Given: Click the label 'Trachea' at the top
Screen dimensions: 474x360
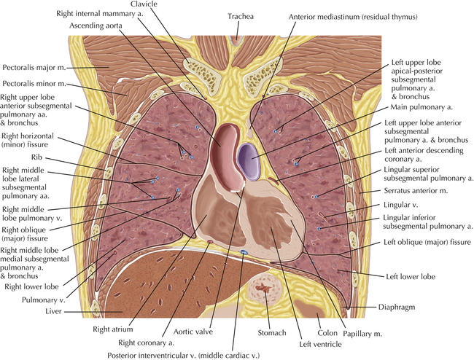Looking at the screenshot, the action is click(x=241, y=16).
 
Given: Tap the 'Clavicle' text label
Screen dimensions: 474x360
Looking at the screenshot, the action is click(x=144, y=4).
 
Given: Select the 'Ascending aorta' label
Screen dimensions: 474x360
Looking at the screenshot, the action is click(x=96, y=26).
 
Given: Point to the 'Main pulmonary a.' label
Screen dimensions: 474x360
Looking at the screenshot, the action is click(x=421, y=107).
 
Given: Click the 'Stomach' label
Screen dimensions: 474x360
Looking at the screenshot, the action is click(x=272, y=333).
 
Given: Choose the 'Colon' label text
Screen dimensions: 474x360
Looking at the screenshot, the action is click(x=327, y=333).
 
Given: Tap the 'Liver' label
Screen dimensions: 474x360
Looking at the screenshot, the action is click(x=53, y=311).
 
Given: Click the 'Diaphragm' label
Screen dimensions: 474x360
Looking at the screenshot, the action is click(x=397, y=308).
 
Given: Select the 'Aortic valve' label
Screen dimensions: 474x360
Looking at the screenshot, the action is click(x=193, y=332).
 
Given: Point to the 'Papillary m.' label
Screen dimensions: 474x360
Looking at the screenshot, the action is click(x=362, y=334).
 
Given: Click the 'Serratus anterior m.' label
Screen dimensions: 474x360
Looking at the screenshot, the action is click(x=416, y=191).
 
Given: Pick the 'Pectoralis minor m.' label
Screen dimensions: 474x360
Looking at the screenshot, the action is click(x=34, y=84).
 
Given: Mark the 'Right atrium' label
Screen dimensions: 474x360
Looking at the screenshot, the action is click(x=113, y=329).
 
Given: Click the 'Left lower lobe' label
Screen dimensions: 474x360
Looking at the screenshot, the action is click(x=411, y=277).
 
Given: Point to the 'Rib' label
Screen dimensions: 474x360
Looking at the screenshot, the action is click(x=36, y=157).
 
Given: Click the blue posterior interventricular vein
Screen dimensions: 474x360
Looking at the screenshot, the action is click(x=244, y=252).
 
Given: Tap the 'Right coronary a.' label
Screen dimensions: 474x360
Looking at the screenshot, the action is click(x=146, y=343).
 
